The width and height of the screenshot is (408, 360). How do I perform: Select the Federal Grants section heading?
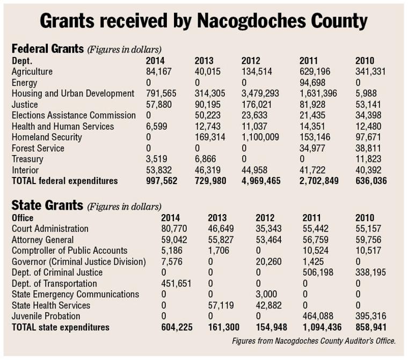pos(48,49)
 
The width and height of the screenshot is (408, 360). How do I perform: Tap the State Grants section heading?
pos(47,205)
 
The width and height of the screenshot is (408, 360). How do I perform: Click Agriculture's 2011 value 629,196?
pos(315,71)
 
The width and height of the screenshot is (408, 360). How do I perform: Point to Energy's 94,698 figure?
pos(312,83)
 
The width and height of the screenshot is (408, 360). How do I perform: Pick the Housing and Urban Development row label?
pos(73,93)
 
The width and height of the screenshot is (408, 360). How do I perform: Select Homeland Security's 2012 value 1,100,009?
pos(260,137)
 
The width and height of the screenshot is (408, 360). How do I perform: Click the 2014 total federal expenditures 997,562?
pos(162,181)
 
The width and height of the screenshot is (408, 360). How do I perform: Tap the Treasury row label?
pos(27,159)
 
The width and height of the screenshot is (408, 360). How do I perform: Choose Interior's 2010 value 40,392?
pos(368,170)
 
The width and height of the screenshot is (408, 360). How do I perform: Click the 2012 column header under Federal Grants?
pos(251,61)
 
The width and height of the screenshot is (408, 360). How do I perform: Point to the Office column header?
pos(23,217)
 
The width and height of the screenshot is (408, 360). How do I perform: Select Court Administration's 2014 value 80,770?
pos(174,229)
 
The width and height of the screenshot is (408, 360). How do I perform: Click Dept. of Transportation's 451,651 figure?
pos(176,283)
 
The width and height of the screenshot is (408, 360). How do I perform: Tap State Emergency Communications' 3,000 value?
pos(266,294)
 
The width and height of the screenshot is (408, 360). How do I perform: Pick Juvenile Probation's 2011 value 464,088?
pos(318,316)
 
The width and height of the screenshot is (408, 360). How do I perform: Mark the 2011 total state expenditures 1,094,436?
pos(322,327)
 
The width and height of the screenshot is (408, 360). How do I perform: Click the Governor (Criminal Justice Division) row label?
pos(78,261)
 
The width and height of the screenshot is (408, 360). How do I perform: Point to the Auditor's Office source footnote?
pos(314,341)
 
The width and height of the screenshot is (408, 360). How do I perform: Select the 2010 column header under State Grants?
pos(365,217)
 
